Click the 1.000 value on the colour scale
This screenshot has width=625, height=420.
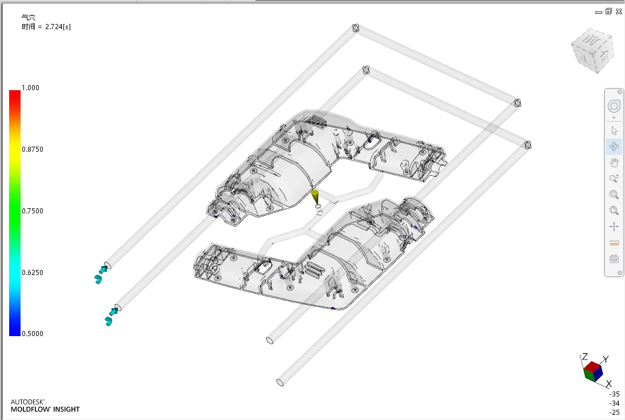pos(30,88)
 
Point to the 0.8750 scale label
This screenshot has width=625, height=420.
pos(33,150)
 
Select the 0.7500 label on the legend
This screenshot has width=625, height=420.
pos(33,211)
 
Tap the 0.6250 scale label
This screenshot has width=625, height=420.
pos(33,273)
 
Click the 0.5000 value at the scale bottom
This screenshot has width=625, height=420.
pos(33,334)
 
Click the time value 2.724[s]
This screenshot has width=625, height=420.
pos(58,27)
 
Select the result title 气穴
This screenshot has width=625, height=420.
pos(29,18)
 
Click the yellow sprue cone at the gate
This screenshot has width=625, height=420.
pos(315,197)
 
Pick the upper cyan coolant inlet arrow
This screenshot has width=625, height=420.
pos(101,274)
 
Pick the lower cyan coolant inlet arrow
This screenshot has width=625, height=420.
pos(111,316)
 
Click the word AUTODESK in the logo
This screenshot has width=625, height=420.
pos(27,402)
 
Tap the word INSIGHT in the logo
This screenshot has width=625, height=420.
pos(67,409)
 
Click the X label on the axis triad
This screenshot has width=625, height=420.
pos(608,384)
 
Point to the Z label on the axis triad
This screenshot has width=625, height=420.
pos(585,356)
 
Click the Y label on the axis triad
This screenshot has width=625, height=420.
pos(606,360)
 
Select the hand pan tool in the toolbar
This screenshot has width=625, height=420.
pos(614,163)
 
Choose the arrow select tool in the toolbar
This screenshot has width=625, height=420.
pos(614,131)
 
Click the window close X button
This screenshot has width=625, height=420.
pos(619,11)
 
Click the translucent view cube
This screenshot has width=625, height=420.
pos(592,51)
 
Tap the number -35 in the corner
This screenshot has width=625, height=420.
pos(615,394)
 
